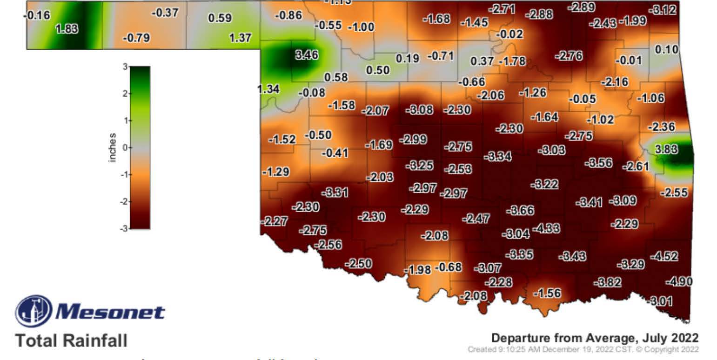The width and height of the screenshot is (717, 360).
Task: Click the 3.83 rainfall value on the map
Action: pos(666,150)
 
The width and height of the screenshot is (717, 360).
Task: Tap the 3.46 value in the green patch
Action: pos(307,55)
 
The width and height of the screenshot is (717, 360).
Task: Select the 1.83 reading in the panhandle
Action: pos(67,29)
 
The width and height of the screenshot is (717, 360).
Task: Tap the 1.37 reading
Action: pos(241,38)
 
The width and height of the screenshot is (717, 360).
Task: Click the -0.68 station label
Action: pos(448,267)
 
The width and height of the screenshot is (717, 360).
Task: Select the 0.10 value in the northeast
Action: pos(666,49)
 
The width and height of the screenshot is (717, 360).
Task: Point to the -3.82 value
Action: pos(607,282)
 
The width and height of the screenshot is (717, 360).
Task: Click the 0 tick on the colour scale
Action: pos(125,147)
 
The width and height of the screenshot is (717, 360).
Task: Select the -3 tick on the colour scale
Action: pos(124,228)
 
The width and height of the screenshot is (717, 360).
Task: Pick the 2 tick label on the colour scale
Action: pos(125,93)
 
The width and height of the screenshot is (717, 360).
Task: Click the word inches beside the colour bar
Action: pos(112,148)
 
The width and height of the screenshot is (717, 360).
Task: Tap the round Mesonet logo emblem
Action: pos(34,311)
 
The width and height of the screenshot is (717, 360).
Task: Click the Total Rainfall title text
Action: pos(71,341)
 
